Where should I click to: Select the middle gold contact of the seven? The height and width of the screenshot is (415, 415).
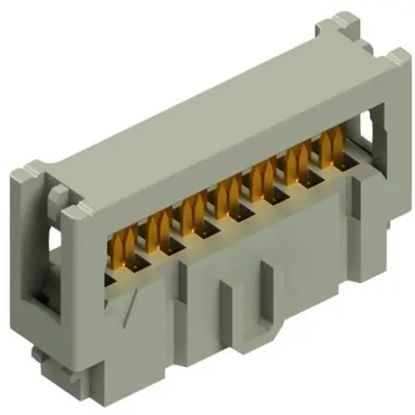click(223, 195)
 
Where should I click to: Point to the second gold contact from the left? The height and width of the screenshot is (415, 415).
click(158, 223)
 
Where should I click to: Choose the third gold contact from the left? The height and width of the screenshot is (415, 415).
click(190, 209)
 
